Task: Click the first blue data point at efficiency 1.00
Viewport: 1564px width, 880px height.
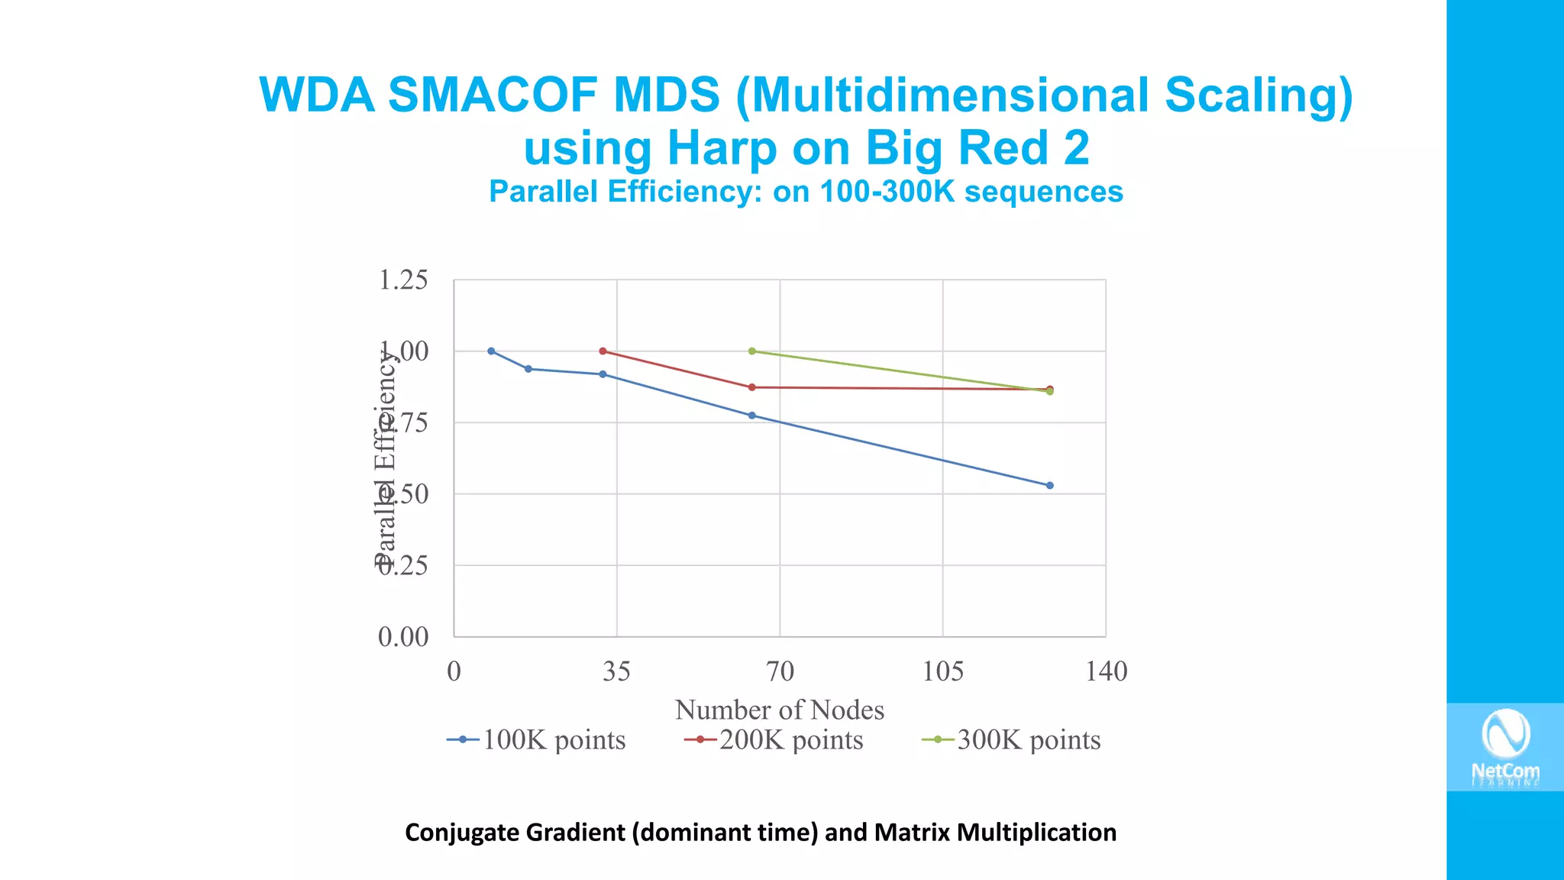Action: pyautogui.click(x=491, y=351)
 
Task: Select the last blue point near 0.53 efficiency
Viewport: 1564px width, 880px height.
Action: pyautogui.click(x=1049, y=486)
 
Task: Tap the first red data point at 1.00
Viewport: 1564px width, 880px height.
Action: pyautogui.click(x=603, y=351)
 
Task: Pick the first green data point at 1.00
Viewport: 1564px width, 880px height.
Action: pyautogui.click(x=752, y=351)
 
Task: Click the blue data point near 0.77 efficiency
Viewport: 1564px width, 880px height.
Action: pyautogui.click(x=752, y=416)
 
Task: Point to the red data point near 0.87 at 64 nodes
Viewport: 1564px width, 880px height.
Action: pyautogui.click(x=752, y=387)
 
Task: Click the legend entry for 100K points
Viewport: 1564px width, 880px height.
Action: pyautogui.click(x=537, y=739)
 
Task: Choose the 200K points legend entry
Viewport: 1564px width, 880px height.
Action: pyautogui.click(x=774, y=739)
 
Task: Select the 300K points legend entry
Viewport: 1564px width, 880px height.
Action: pyautogui.click(x=1012, y=739)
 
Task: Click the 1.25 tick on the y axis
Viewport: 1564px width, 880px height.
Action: pyautogui.click(x=403, y=280)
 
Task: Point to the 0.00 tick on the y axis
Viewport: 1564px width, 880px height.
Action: pyautogui.click(x=403, y=636)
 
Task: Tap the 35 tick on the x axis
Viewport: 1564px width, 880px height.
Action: pyautogui.click(x=616, y=671)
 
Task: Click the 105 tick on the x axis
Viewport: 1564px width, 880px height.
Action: pyautogui.click(x=943, y=671)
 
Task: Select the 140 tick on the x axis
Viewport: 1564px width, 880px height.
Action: pyautogui.click(x=1106, y=671)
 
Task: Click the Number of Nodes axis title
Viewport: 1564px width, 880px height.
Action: pyautogui.click(x=779, y=710)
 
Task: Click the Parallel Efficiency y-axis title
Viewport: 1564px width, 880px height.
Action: pyautogui.click(x=386, y=458)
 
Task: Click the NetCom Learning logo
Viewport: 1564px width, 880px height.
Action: pyautogui.click(x=1505, y=747)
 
